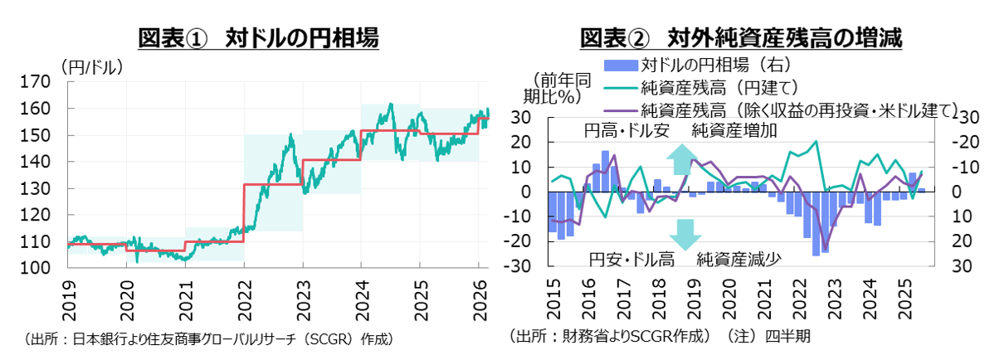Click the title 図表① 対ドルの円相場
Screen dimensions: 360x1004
pos(258,38)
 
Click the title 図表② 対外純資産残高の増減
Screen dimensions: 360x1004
pos(741,38)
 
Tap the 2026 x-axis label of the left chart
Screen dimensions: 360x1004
pos(479,295)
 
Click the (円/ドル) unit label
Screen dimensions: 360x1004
pos(91,66)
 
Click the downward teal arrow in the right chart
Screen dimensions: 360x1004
pos(685,234)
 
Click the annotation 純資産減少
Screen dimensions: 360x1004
pos(738,259)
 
